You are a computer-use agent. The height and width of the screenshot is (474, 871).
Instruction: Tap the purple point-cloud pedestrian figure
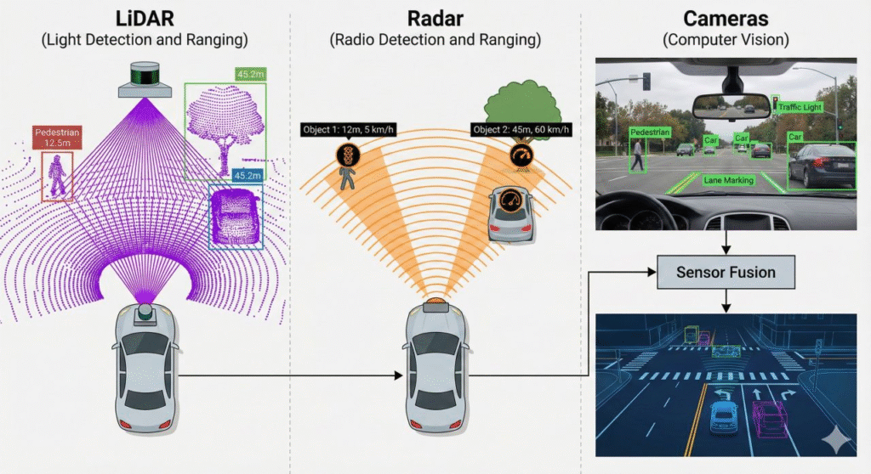click(55, 176)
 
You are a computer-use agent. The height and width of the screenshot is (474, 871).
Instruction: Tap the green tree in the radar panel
click(518, 102)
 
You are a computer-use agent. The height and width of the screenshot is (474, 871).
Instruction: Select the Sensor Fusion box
click(726, 273)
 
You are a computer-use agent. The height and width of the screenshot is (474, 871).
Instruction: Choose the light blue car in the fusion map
click(722, 417)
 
